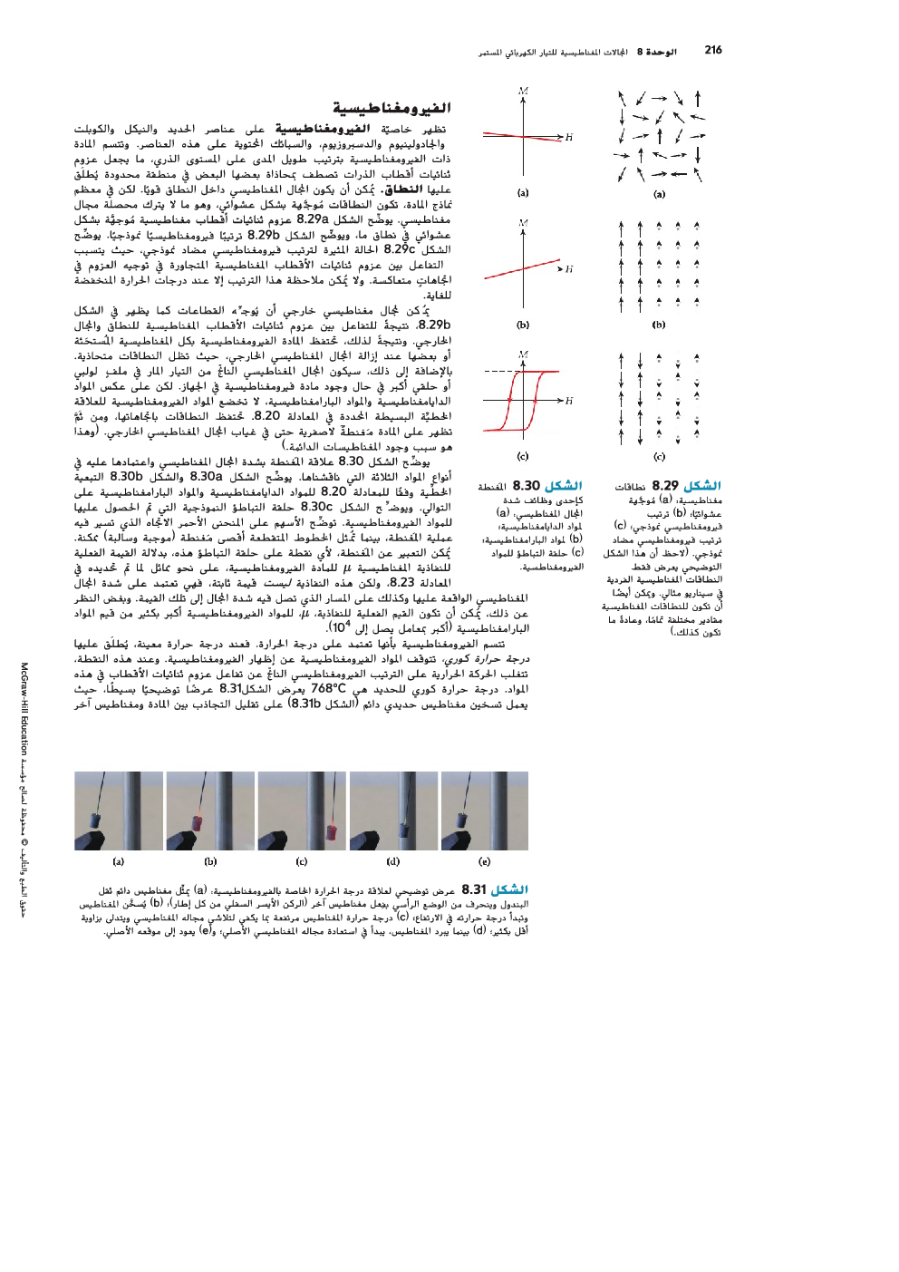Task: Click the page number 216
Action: pos(713,50)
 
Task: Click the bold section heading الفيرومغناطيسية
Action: pos(391,108)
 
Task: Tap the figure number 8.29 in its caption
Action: pos(665,486)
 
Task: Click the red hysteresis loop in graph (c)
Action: pos(523,401)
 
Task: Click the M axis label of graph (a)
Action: pos(524,91)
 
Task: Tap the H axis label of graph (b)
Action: pos(569,269)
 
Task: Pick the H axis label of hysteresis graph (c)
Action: pos(569,401)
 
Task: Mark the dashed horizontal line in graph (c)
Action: pos(498,372)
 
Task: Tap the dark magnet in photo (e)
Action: pos(463,820)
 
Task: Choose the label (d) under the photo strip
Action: pos(392,861)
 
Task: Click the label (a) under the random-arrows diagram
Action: pos(659,193)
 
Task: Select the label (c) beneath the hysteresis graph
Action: pos(523,456)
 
